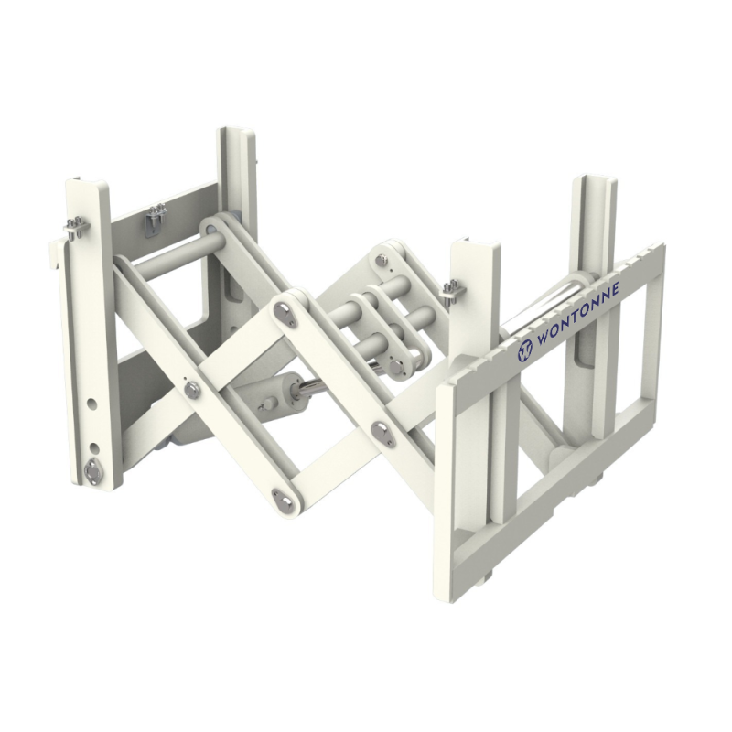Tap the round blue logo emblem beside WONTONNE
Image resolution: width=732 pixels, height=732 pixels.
pos(524,350)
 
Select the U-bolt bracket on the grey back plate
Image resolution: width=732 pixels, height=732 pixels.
pos(156,219)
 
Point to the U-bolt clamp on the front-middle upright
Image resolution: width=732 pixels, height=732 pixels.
pos(452,292)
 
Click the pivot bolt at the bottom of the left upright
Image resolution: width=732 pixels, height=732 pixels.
pos(93,470)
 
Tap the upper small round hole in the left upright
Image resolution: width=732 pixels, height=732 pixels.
pos(92,404)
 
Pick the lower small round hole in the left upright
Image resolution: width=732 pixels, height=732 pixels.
pos(94,448)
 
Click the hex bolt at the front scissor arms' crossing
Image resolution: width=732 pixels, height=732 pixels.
pos(192,390)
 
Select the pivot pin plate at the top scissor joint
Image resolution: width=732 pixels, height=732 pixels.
pos(285,313)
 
